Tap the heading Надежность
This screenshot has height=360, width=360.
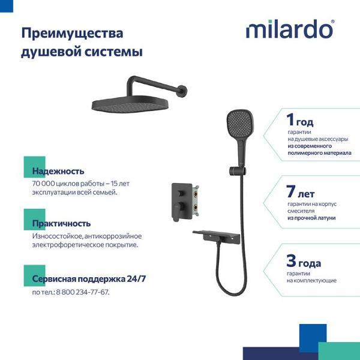click(x=58, y=171)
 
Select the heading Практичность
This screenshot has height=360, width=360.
click(x=61, y=223)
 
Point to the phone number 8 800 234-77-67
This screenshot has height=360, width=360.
click(x=83, y=292)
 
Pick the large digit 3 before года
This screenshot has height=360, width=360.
click(x=291, y=262)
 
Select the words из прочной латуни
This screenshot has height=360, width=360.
click(x=311, y=218)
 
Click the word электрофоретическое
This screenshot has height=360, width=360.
click(x=68, y=244)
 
